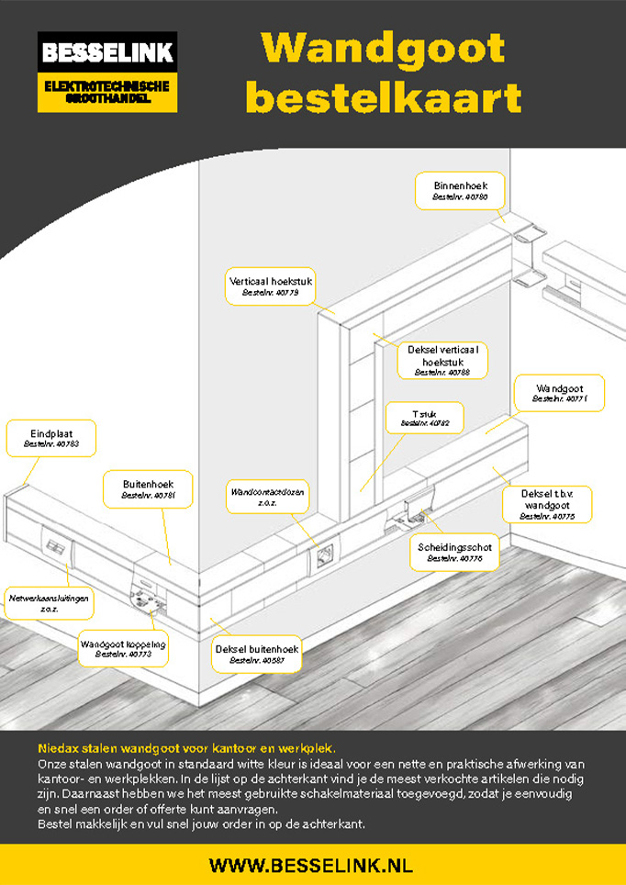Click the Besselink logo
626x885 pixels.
pos(107,72)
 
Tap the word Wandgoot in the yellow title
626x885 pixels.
pos(383,48)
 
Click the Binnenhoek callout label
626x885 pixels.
pos(460,191)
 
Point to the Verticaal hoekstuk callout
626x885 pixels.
pos(270,286)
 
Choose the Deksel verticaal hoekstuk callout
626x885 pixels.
pos(442,361)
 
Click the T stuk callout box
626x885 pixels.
pos(424,418)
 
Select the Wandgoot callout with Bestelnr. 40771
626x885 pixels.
pos(558,393)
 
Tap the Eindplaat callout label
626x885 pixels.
pos(51,437)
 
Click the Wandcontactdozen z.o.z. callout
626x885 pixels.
pos(268,496)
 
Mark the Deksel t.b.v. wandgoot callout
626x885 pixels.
pos(547,504)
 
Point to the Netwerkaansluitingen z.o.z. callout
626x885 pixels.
pos(50,602)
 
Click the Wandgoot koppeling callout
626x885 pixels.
pos(122,648)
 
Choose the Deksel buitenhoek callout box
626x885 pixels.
pos(258,654)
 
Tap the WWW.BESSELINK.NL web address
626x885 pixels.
pos(311,865)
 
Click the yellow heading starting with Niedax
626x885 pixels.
pos(187,748)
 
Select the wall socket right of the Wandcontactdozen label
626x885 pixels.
pos(323,555)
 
